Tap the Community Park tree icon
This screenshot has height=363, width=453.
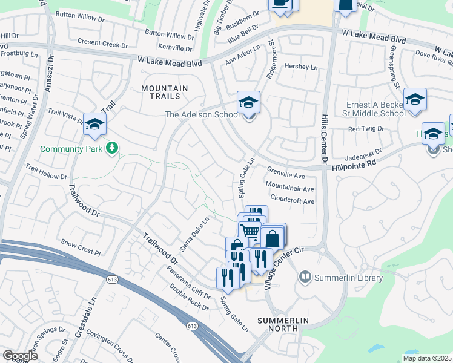pyautogui.click(x=111, y=148)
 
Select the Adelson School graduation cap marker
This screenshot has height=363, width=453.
pyautogui.click(x=248, y=103)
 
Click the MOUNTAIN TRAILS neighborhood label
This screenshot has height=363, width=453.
pyautogui.click(x=165, y=92)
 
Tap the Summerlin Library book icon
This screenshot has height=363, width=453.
pyautogui.click(x=305, y=278)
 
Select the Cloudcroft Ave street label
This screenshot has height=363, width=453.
pyautogui.click(x=293, y=201)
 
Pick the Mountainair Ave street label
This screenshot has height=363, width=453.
pyautogui.click(x=289, y=189)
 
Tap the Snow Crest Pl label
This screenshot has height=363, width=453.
pyautogui.click(x=81, y=250)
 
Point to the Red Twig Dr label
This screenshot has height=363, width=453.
pyautogui.click(x=363, y=129)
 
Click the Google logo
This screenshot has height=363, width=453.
pyautogui.click(x=20, y=356)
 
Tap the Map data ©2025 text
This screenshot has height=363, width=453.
pyautogui.click(x=426, y=358)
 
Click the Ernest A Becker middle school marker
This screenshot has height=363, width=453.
pyautogui.click(x=415, y=100)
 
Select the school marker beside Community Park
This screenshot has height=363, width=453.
pyautogui.click(x=94, y=125)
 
